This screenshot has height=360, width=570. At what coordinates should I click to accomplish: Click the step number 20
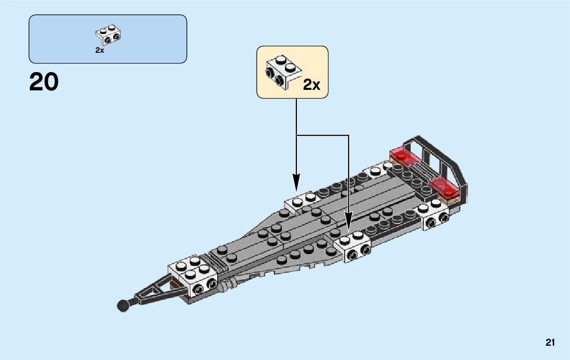(44, 83)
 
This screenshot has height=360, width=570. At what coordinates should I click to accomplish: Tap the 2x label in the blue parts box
(99, 50)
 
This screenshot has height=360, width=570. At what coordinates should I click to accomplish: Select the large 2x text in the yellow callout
(311, 84)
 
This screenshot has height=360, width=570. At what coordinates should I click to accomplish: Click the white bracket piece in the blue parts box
(108, 35)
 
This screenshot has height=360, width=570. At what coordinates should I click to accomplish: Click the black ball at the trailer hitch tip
(122, 305)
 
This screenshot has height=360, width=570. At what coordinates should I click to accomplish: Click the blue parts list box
(108, 39)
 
